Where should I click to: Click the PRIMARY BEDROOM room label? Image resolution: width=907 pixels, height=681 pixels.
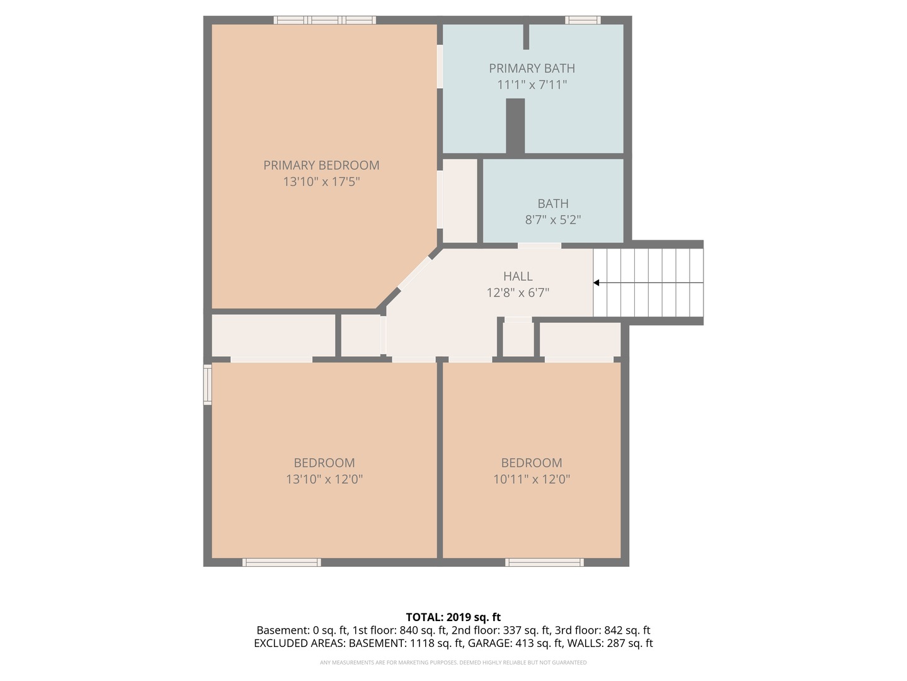321,165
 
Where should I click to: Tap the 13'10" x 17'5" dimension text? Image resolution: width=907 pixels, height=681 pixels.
321,182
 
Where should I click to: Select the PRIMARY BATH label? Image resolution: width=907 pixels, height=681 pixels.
532,68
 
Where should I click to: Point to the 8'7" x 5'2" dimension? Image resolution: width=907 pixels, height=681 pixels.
553,219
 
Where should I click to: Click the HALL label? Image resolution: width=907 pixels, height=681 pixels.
518,276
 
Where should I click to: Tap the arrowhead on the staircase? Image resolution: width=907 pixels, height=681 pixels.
596,283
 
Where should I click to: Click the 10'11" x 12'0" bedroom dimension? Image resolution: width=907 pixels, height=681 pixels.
532,479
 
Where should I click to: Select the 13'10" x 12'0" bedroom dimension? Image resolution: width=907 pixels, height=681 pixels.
324,479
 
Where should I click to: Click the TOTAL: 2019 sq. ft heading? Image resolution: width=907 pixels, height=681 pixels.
453,617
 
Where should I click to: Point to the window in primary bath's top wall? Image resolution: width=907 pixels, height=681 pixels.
583,20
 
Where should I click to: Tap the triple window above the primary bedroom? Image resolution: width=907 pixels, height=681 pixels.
325,20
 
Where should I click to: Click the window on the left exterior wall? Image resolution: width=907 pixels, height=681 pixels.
207,384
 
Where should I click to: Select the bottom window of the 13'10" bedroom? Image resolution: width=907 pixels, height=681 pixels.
282,562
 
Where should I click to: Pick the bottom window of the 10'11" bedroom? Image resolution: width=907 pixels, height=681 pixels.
545,562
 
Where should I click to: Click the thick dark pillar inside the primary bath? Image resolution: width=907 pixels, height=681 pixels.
516,126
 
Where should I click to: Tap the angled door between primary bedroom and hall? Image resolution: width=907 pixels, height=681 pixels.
414,272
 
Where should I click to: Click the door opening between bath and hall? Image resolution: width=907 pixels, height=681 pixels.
539,246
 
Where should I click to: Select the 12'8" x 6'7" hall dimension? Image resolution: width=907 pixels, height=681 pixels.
518,293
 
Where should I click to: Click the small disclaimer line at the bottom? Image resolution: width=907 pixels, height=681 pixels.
453,662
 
